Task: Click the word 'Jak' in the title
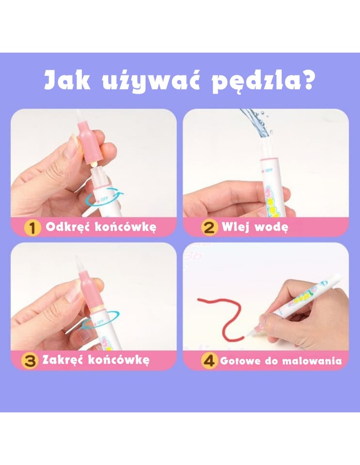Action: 67,80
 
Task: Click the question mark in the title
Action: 305,80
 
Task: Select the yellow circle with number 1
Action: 32,228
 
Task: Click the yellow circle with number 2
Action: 209,228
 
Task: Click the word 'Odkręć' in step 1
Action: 68,227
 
